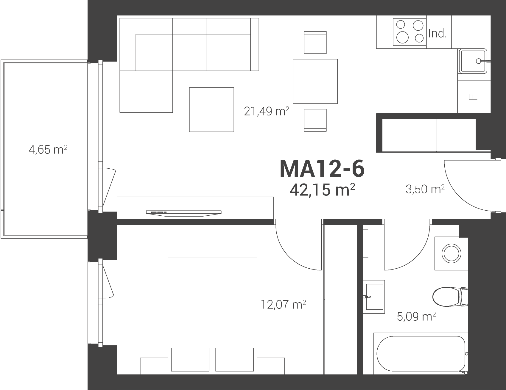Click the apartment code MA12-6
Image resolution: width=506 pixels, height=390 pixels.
(x=322, y=169)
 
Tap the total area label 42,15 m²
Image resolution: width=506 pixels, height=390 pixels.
(x=322, y=190)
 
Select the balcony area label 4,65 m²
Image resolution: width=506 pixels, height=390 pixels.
(x=48, y=149)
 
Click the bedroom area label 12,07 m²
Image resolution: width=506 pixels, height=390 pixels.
(x=283, y=304)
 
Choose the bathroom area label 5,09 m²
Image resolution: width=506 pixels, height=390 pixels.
(x=416, y=317)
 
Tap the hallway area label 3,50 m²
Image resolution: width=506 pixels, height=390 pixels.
(x=425, y=189)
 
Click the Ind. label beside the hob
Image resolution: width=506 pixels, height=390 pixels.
(x=438, y=34)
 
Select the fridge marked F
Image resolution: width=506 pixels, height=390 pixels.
(x=473, y=97)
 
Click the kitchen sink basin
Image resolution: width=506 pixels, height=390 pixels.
(x=474, y=61)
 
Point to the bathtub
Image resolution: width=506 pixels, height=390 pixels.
(x=421, y=353)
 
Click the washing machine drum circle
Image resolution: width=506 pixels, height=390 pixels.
(x=451, y=254)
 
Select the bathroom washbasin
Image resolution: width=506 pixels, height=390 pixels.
(x=374, y=296)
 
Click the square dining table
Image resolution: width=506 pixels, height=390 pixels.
(x=315, y=81)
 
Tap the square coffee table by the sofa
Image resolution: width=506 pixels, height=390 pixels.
(x=211, y=109)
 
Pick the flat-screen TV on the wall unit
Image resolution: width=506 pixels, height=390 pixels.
(x=184, y=212)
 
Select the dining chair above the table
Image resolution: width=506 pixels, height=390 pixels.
(x=315, y=43)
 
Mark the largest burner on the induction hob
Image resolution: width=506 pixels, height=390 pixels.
(x=403, y=37)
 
